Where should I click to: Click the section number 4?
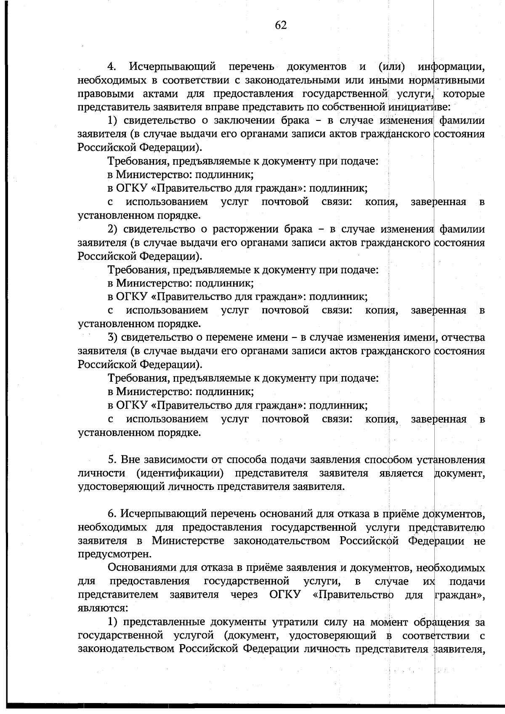point(112,67)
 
